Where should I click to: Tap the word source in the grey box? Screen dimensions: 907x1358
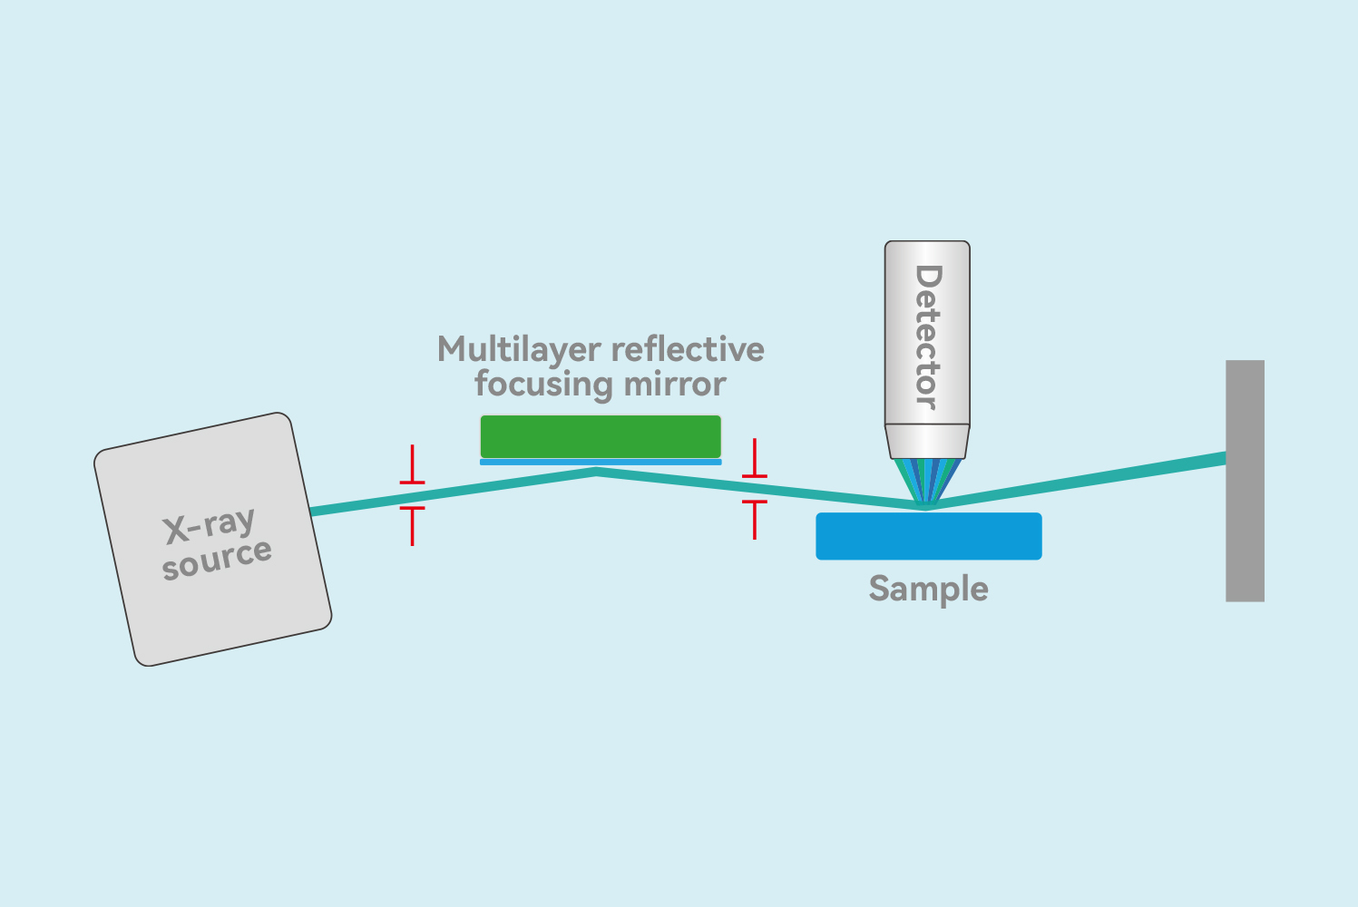coord(217,558)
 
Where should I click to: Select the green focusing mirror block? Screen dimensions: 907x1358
coord(601,436)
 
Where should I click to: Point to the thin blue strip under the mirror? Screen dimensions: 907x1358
coord(601,462)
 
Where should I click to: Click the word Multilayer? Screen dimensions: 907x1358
coord(519,350)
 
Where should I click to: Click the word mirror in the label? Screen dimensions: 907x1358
coord(680,385)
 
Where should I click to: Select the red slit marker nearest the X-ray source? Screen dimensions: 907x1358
coord(412,495)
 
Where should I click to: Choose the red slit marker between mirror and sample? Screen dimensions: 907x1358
coord(755,489)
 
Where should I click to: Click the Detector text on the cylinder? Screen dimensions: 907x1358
coord(927,336)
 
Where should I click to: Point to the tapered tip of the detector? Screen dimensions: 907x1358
coord(927,442)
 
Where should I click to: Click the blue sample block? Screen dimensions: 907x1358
coord(928,536)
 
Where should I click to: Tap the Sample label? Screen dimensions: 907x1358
coord(928,590)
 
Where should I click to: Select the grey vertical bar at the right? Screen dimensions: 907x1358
coord(1245,481)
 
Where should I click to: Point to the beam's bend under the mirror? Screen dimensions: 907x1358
coord(596,471)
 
